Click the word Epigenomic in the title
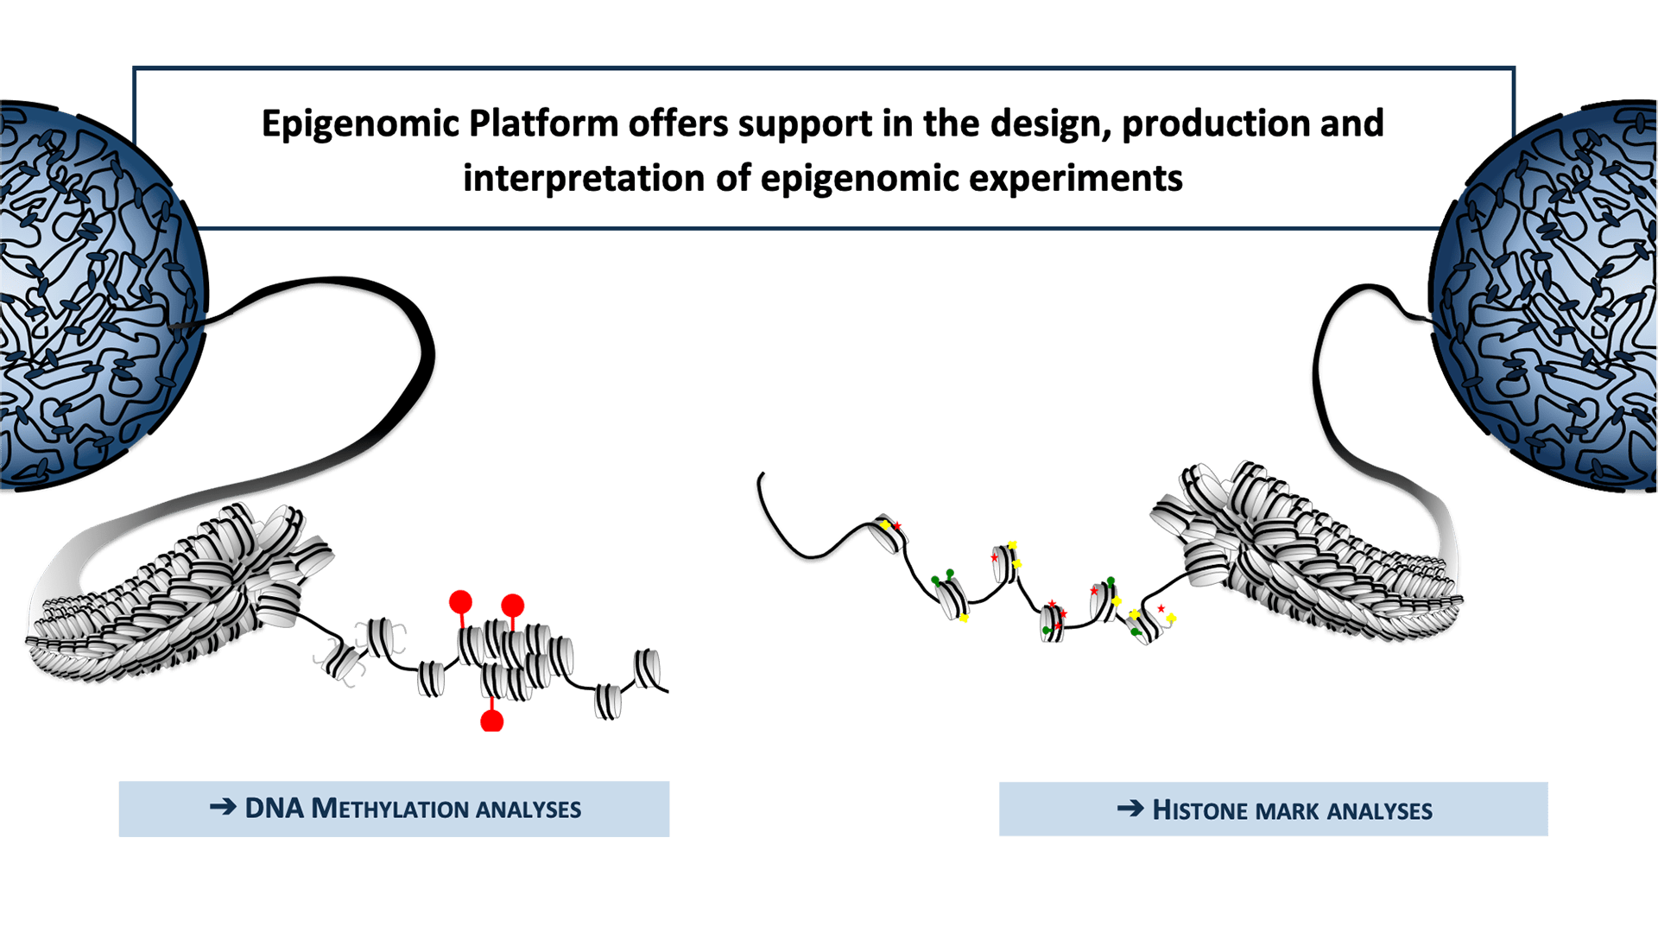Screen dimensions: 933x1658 [360, 124]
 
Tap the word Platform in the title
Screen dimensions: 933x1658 [543, 124]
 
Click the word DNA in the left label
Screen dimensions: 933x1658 [275, 809]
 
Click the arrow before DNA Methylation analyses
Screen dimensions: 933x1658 [223, 808]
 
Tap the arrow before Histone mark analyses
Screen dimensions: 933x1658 [1130, 809]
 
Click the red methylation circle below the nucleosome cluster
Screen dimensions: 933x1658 [491, 720]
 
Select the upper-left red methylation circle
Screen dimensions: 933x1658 [460, 602]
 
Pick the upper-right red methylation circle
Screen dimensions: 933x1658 [512, 606]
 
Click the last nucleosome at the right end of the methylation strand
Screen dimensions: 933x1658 [648, 669]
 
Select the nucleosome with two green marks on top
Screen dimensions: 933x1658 [951, 596]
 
